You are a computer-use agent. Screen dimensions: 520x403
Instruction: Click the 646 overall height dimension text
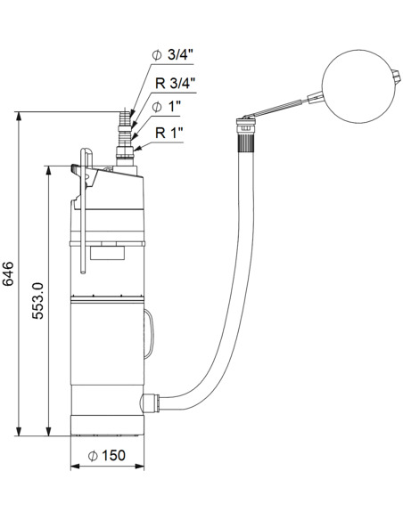pos(9,273)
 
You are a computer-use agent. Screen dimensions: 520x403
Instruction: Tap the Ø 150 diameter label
pos(108,456)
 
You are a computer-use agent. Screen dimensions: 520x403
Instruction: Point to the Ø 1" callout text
pos(168,109)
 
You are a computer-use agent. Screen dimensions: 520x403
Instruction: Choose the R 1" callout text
pos(170,134)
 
